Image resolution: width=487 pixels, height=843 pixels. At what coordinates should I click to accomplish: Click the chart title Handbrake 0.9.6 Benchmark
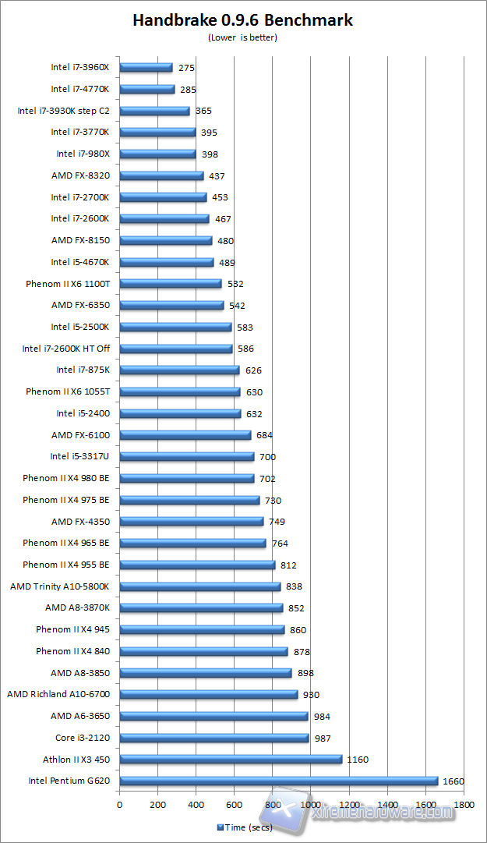click(242, 20)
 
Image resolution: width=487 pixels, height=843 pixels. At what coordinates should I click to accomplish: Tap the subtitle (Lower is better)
click(242, 37)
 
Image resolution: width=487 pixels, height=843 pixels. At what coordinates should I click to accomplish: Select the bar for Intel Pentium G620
click(278, 781)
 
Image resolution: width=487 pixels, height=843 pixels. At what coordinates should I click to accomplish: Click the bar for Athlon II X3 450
click(231, 759)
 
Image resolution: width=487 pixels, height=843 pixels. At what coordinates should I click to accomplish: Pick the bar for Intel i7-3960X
click(146, 68)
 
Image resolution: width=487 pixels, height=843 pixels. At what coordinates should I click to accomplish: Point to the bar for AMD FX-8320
click(161, 175)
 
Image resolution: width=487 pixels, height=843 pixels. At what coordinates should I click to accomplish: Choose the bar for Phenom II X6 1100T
click(171, 284)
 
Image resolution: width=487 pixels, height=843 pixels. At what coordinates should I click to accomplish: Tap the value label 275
click(186, 68)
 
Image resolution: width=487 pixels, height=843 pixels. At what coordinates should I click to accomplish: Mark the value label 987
click(323, 738)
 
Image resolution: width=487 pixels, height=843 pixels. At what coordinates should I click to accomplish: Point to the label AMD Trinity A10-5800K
click(60, 586)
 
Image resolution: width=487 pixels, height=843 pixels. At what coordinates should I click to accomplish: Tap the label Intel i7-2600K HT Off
click(66, 349)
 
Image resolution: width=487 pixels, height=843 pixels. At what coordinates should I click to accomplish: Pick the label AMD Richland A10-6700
click(58, 694)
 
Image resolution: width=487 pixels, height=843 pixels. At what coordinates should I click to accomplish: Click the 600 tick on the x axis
click(235, 805)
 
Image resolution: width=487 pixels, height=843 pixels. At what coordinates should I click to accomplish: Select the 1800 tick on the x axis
click(464, 805)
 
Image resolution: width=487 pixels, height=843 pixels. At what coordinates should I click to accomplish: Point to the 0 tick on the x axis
click(120, 805)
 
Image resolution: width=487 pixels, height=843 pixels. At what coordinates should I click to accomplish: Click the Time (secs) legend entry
click(244, 827)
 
